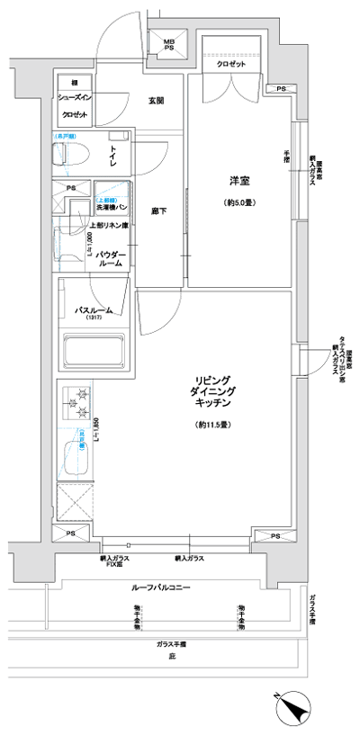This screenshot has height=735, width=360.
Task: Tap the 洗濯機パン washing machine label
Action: pos(112,208)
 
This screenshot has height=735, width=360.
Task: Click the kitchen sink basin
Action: pos(72,458)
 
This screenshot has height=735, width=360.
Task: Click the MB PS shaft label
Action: pos(169,46)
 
